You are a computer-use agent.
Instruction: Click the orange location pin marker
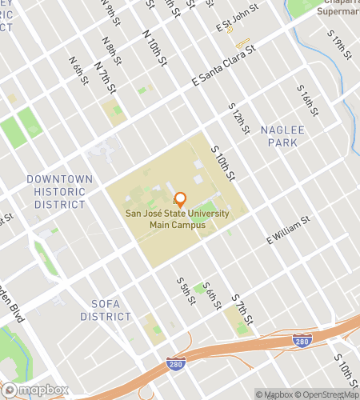pos(180,199)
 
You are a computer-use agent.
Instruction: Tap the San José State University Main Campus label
pos(177,219)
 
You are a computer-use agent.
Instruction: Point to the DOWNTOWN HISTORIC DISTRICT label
pos(59,192)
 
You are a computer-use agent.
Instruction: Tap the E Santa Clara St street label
pos(223,66)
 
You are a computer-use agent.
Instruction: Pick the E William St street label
pos(287,230)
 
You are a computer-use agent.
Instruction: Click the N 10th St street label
pos(154,50)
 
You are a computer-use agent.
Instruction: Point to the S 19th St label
pos(342,49)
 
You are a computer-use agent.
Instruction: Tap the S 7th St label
pos(242,308)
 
